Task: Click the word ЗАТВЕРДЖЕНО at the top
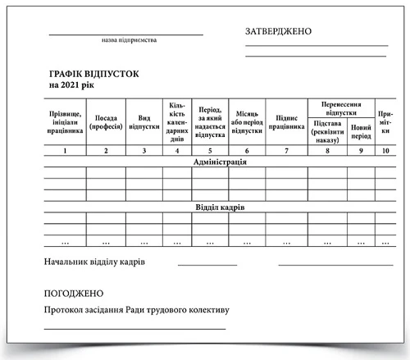279,31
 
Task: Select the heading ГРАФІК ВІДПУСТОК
93,74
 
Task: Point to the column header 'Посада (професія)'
107,122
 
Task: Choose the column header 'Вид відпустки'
143,122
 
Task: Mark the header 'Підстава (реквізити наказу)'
327,131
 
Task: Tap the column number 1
63,151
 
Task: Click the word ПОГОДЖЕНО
75,293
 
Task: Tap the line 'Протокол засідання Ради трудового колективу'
136,311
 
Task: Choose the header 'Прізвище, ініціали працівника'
63,122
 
